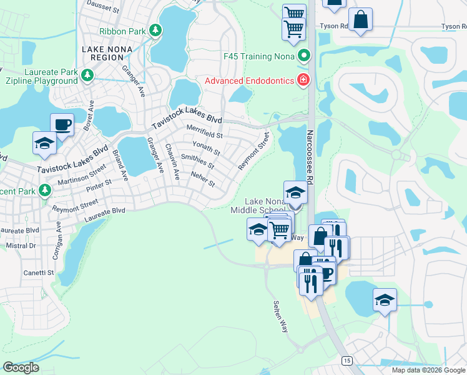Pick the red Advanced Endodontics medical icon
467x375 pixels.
coord(303,79)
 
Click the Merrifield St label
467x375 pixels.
coord(205,134)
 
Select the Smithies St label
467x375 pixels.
coord(197,162)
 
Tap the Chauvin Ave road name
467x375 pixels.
coord(171,161)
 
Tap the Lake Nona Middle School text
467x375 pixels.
coord(267,206)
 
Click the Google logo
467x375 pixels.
coord(21,367)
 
